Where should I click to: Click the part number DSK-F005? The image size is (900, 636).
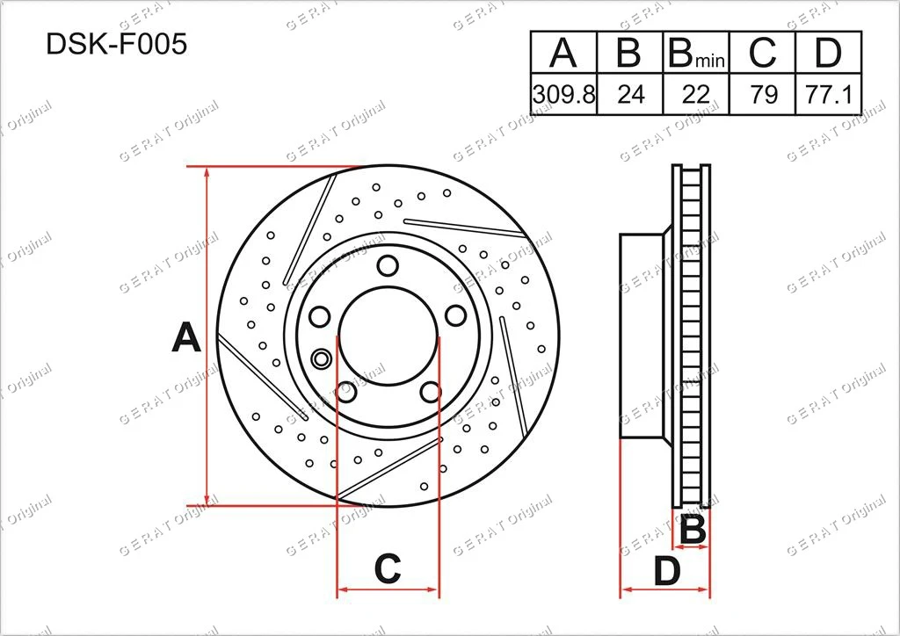click(x=116, y=45)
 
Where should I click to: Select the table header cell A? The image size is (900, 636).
click(x=563, y=54)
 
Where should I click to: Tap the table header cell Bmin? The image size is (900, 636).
click(x=695, y=54)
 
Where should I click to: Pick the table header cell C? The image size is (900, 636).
click(x=762, y=54)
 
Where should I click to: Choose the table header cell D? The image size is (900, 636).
click(x=828, y=54)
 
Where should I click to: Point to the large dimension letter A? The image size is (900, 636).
click(x=185, y=337)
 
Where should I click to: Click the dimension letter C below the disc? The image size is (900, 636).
click(x=388, y=570)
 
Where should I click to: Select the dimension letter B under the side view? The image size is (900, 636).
click(x=693, y=530)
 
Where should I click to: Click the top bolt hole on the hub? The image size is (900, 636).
click(x=388, y=265)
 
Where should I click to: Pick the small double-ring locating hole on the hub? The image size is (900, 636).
click(x=322, y=358)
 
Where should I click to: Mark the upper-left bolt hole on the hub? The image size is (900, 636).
click(x=320, y=315)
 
